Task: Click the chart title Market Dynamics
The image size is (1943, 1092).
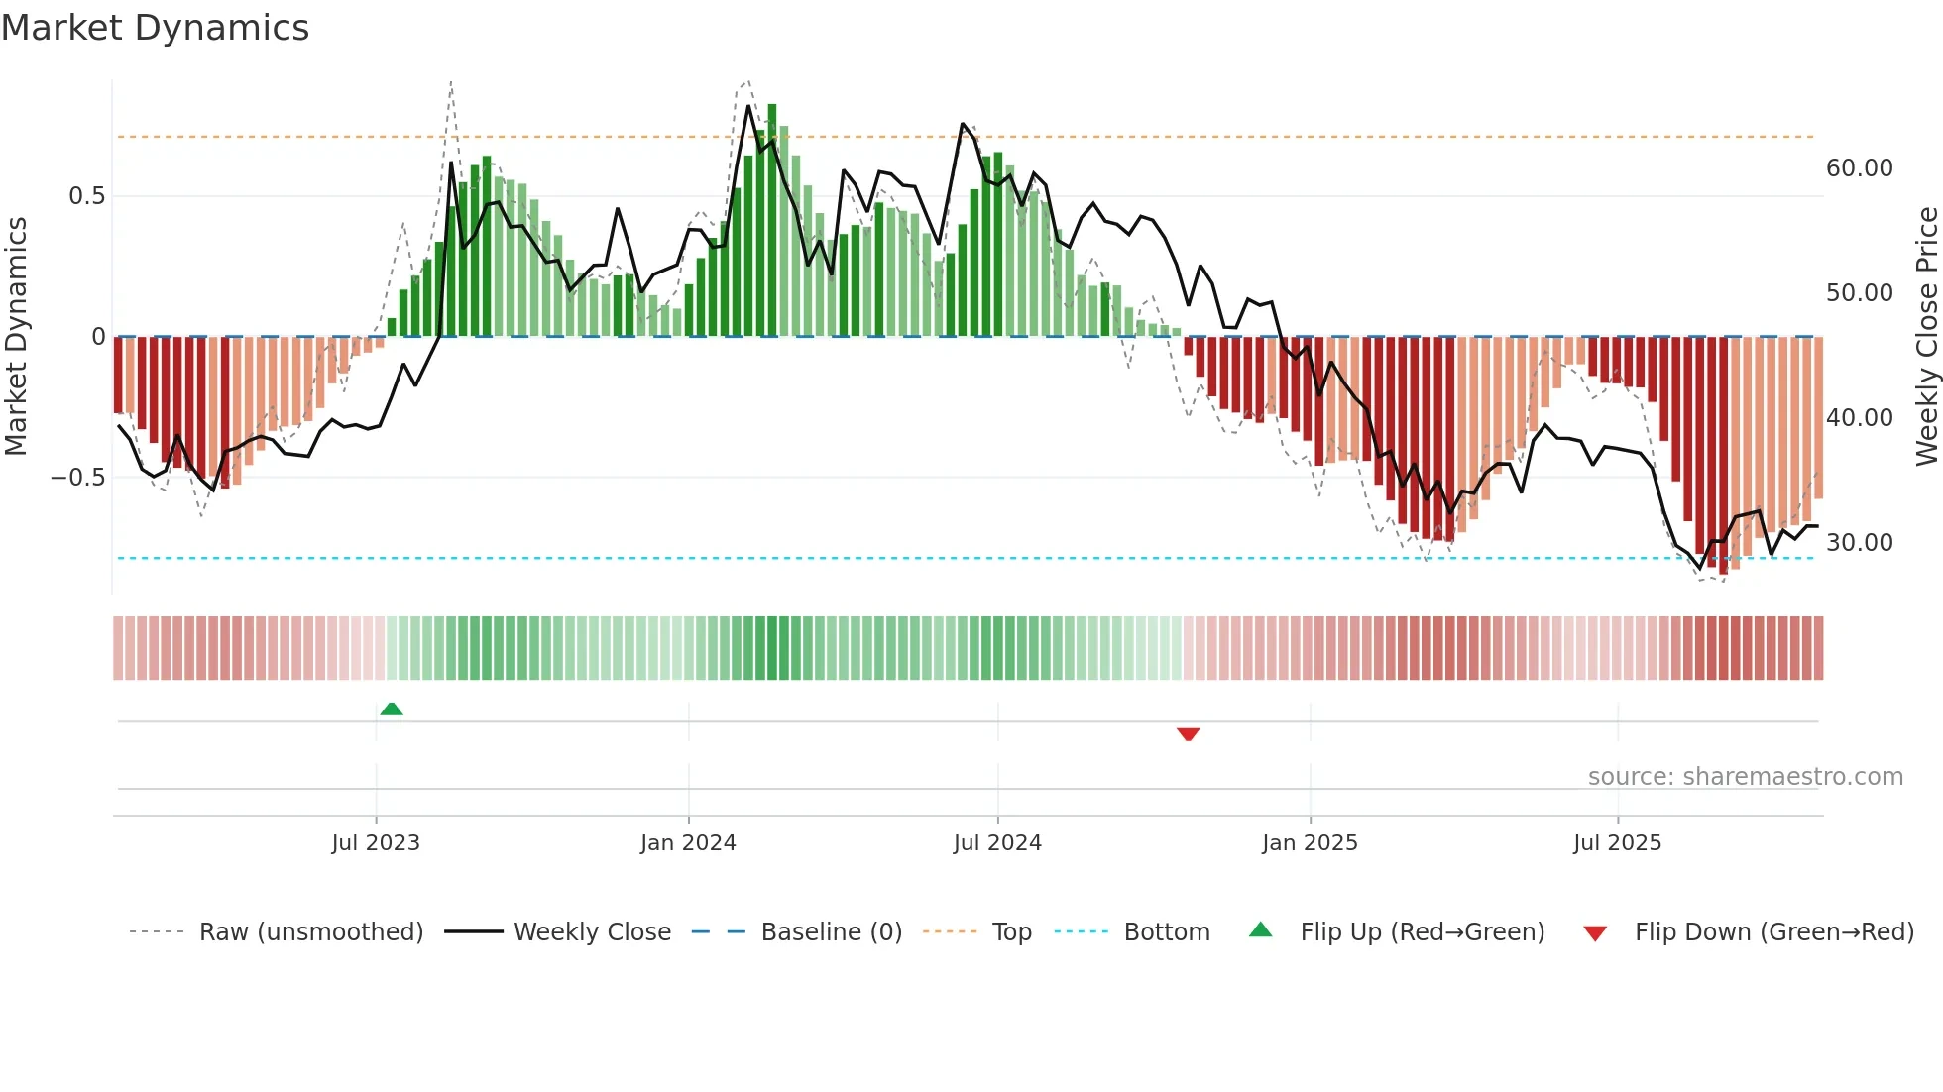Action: pos(155,28)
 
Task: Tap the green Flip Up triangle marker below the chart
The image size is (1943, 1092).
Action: pos(392,709)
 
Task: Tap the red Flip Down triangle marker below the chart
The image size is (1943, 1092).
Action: pos(1188,734)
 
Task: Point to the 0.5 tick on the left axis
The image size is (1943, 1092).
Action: pos(86,196)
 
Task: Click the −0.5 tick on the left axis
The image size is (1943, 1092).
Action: pos(78,478)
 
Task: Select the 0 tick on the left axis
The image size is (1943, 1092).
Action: pos(98,337)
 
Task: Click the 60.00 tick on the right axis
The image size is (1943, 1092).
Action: pos(1859,168)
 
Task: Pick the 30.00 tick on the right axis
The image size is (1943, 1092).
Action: pos(1859,543)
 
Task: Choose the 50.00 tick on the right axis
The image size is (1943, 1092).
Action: pos(1859,293)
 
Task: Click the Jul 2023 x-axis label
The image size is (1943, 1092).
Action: pos(376,843)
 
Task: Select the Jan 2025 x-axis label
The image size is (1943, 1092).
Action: pos(1310,843)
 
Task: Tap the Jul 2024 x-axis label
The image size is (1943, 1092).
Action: pos(997,843)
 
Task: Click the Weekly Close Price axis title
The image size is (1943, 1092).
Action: pos(1926,337)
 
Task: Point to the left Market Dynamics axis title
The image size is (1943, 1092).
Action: pos(16,337)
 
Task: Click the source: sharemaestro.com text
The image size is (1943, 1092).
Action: pos(1745,777)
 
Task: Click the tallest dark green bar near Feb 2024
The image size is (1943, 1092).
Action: pos(772,218)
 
